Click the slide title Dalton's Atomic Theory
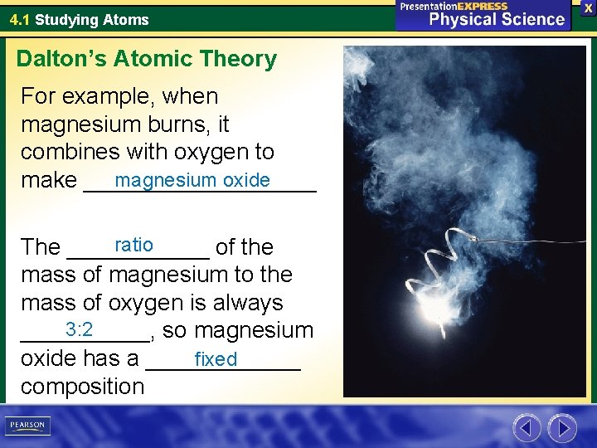click(147, 59)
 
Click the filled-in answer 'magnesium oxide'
click(192, 180)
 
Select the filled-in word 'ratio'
click(133, 245)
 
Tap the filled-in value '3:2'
click(79, 329)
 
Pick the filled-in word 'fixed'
click(216, 359)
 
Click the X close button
click(587, 7)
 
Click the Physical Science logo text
click(497, 19)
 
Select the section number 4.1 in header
click(20, 19)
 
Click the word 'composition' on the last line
click(82, 386)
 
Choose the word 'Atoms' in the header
click(127, 19)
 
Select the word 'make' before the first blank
click(49, 180)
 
